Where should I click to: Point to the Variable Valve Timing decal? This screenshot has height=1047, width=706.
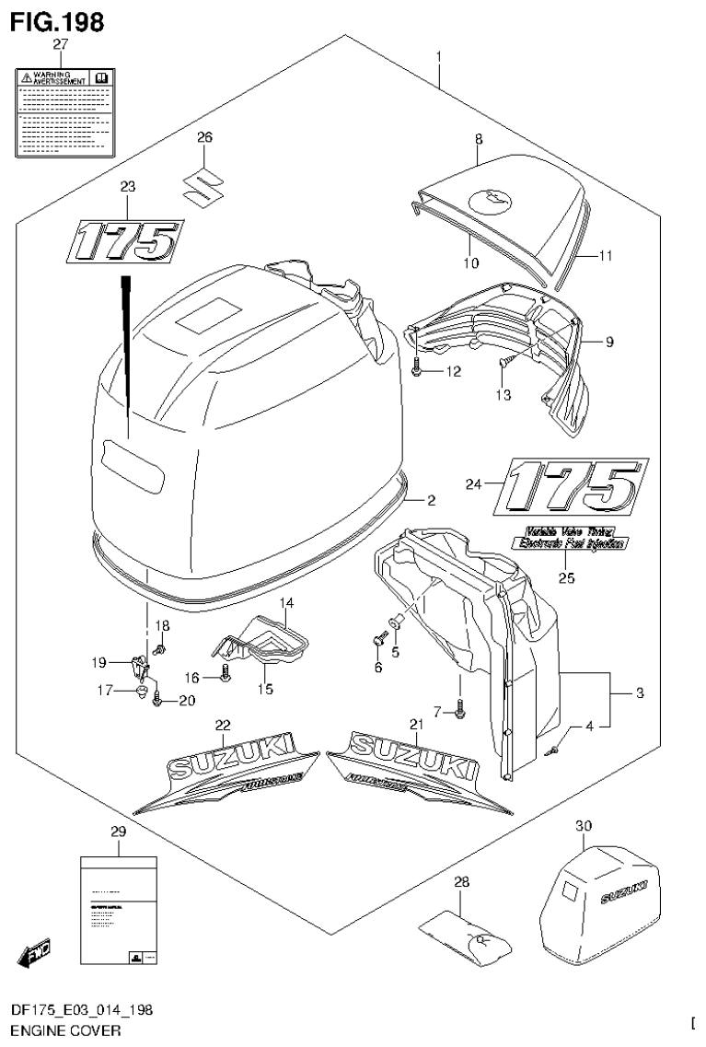pyautogui.click(x=571, y=539)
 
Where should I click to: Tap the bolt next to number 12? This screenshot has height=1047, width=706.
pyautogui.click(x=418, y=370)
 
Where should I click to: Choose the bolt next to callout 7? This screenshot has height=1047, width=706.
pyautogui.click(x=460, y=707)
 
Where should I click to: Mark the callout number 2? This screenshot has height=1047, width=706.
pyautogui.click(x=431, y=500)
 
